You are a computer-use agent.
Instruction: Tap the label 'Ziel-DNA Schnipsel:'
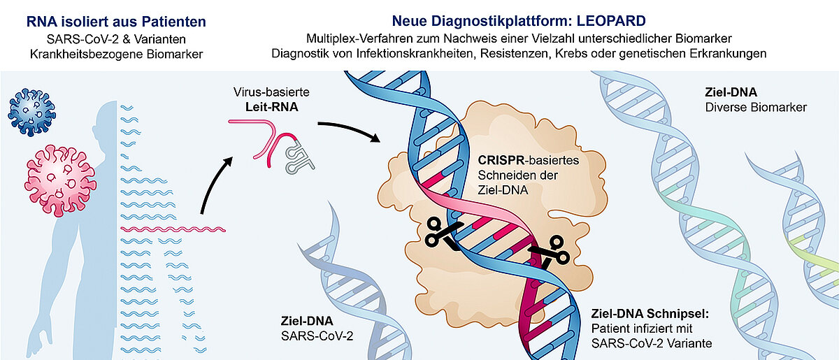pos(650,313)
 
